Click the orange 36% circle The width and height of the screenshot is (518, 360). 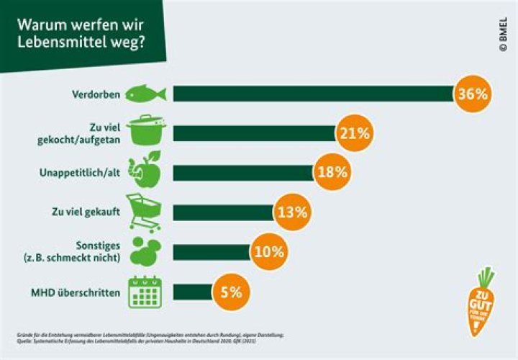(473, 94)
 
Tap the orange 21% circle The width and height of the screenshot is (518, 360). (353, 133)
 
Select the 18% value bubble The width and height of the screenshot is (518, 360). (331, 173)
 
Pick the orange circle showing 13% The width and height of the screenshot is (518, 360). (291, 212)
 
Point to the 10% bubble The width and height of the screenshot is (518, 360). (269, 251)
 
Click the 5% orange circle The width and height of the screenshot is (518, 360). (231, 291)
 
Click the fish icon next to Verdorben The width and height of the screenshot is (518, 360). (146, 94)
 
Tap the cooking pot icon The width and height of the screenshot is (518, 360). (146, 132)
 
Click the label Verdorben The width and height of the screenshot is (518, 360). (96, 94)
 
